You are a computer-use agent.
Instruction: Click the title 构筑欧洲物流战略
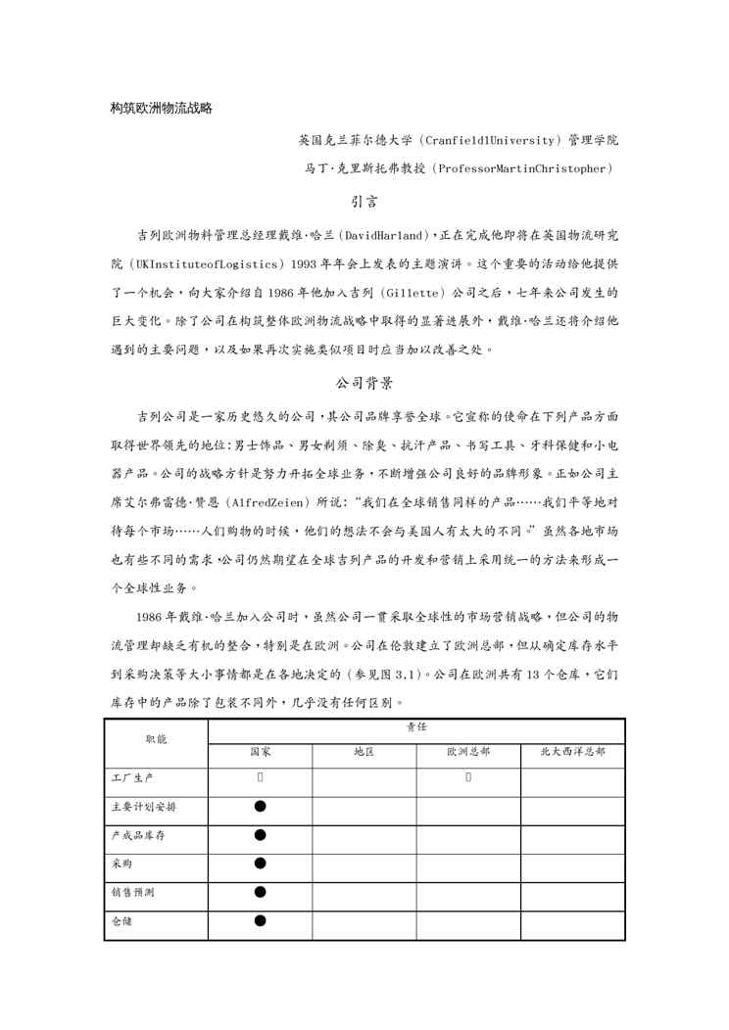pos(162,108)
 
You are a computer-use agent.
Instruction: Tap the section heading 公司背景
pos(364,383)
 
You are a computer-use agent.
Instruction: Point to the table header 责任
pos(416,728)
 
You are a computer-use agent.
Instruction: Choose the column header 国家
pos(260,752)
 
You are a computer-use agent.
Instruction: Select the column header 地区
pos(364,752)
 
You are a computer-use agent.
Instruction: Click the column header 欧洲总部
pos(468,752)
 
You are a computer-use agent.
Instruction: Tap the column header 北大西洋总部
pos(572,752)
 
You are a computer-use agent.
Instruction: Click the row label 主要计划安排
pos(144,808)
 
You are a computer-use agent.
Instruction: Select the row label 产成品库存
pos(138,836)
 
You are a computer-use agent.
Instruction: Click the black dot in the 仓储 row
pos(260,920)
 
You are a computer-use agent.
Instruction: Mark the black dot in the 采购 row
pos(260,864)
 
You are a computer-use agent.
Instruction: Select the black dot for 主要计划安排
pos(260,807)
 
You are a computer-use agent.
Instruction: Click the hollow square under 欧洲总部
pos(468,778)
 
